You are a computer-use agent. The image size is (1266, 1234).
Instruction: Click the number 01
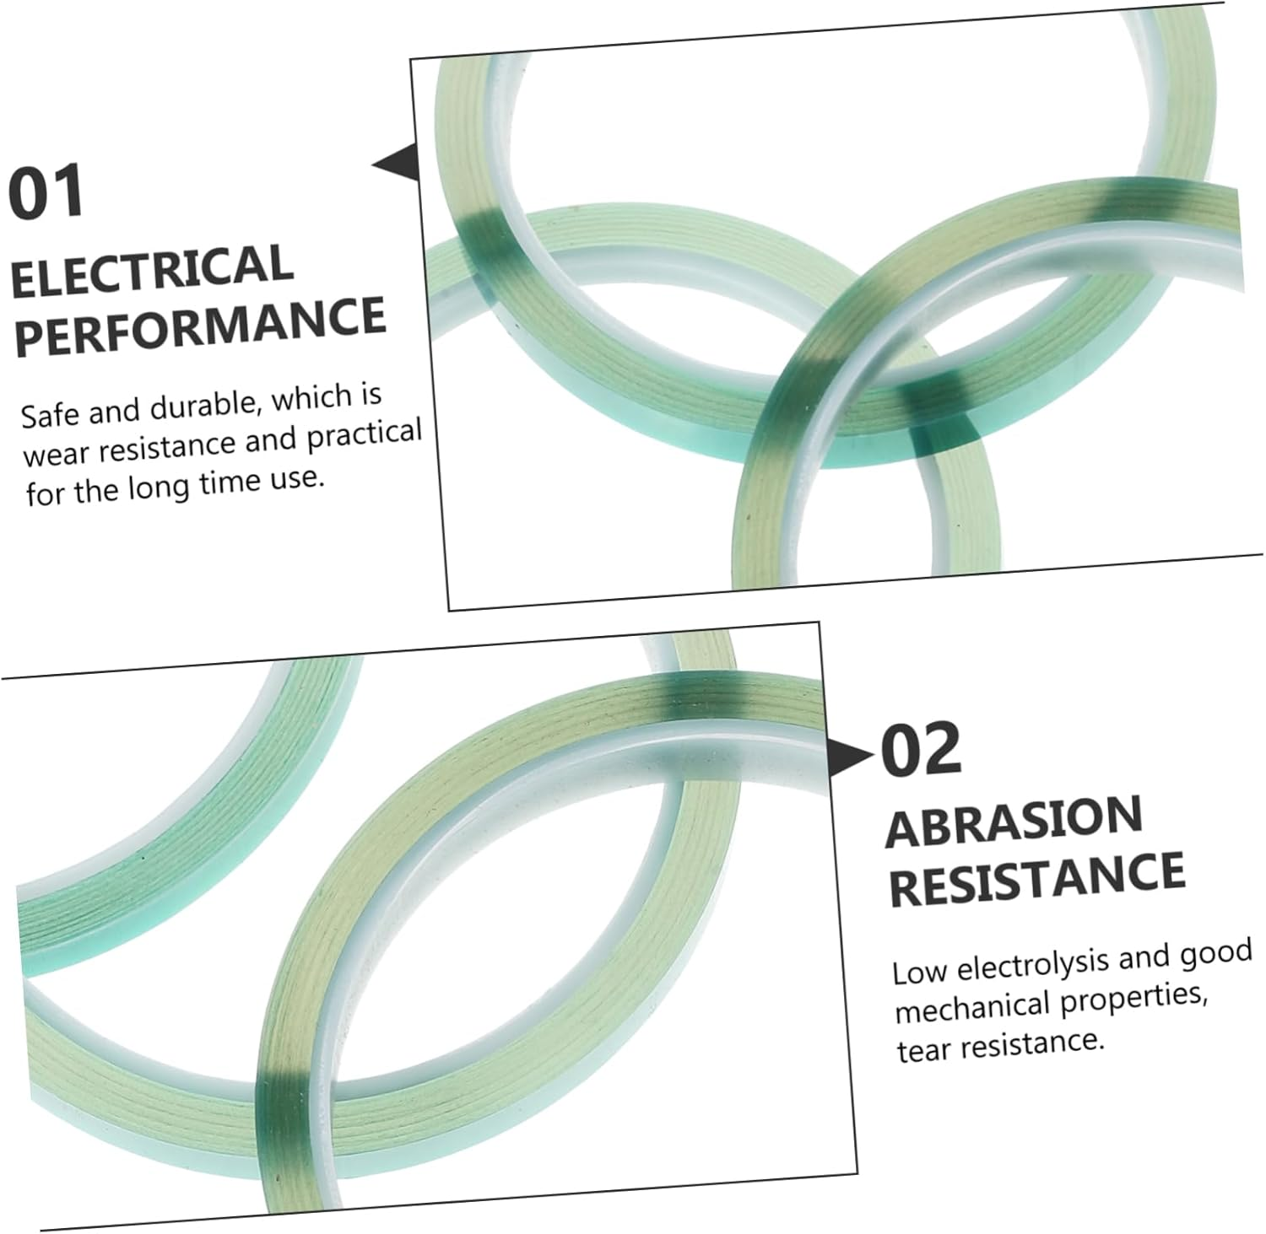click(46, 191)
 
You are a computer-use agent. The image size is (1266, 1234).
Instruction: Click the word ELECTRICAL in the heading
click(153, 270)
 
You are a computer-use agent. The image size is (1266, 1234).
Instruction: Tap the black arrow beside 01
click(396, 160)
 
